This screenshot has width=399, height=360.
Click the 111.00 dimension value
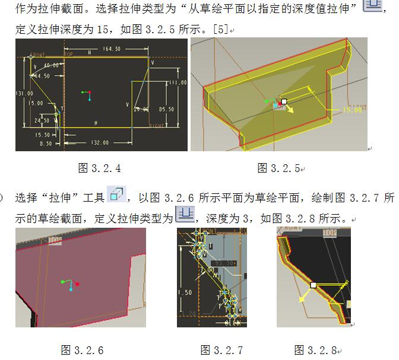click(x=178, y=82)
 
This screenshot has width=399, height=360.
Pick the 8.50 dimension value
click(x=45, y=143)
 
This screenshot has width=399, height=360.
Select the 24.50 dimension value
click(x=42, y=120)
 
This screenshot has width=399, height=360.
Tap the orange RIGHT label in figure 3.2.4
click(x=157, y=126)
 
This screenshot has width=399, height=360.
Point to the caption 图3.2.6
click(x=82, y=349)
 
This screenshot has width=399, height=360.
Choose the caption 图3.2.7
click(x=221, y=349)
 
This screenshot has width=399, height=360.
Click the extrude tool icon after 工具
click(x=116, y=194)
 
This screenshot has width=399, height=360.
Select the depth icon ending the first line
click(x=373, y=6)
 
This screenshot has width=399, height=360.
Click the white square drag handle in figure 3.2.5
click(x=284, y=101)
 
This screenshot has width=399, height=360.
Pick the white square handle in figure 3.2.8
click(x=313, y=285)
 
